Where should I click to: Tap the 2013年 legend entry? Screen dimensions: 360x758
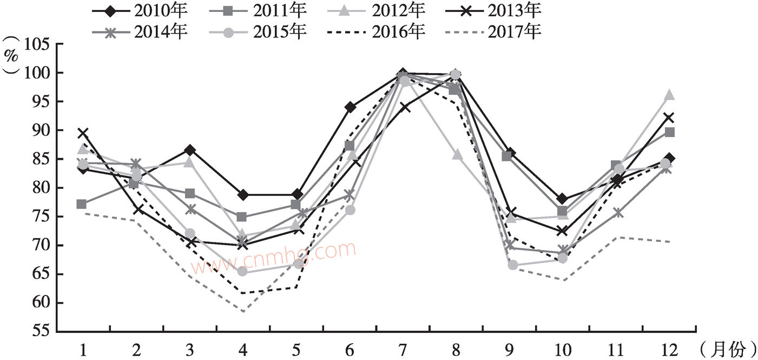coord(495,10)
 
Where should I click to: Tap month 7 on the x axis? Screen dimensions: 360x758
coord(403,350)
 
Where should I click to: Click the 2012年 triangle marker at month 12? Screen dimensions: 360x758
coord(669,95)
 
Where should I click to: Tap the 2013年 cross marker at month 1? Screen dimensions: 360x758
coord(83,133)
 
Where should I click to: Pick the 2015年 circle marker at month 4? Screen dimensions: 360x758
coord(243,271)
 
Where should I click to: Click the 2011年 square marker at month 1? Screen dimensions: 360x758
coord(82,204)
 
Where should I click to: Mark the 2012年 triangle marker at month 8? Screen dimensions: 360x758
coord(456,155)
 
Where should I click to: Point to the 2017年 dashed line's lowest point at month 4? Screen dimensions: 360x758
coord(243,311)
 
